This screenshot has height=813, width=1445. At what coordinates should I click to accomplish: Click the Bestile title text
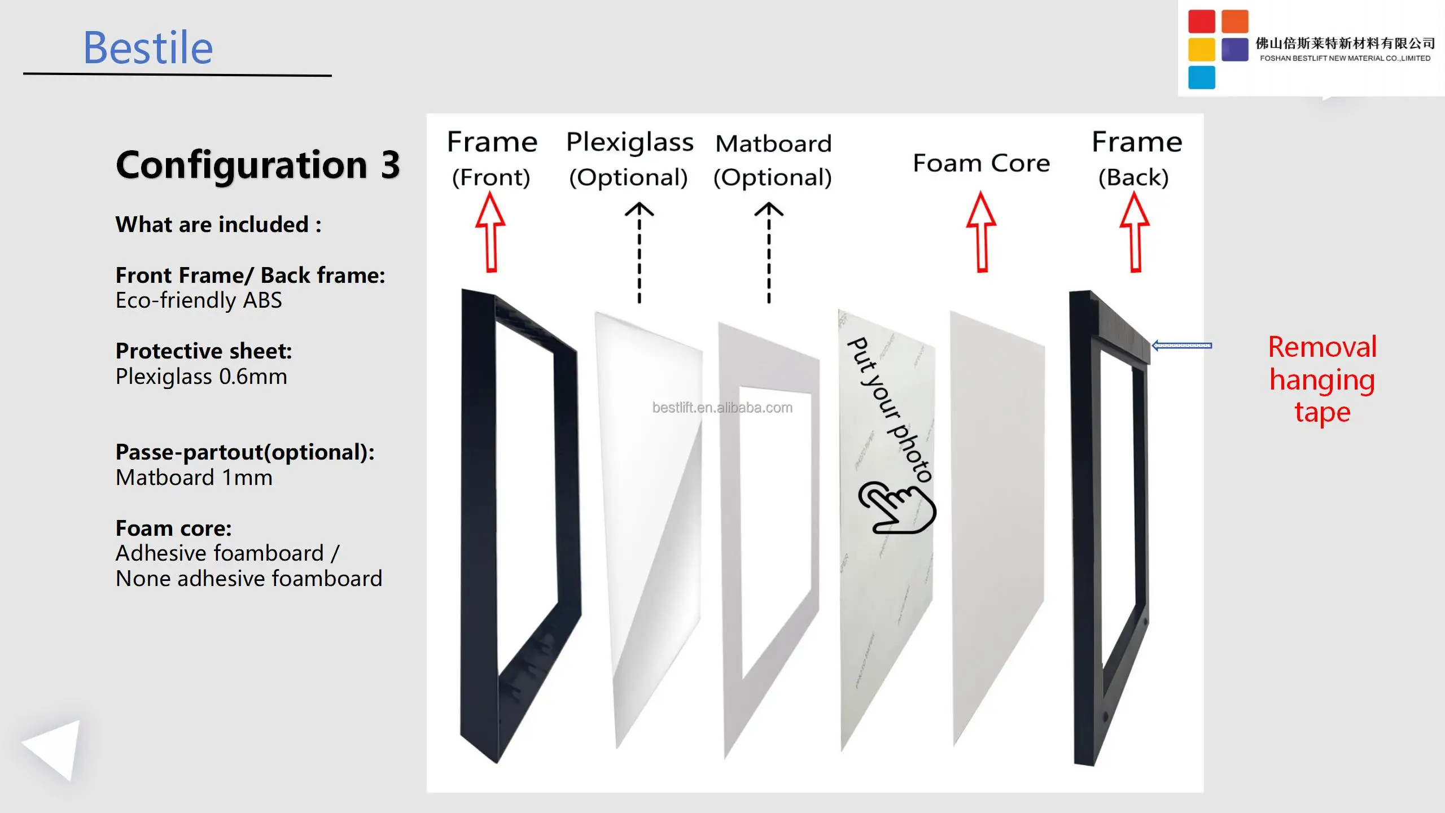coord(148,48)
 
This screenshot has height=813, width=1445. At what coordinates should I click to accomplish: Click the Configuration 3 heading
coord(258,165)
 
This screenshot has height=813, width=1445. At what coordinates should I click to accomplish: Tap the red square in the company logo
coord(1201,21)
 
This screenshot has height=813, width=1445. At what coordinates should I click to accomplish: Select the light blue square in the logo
coord(1201,77)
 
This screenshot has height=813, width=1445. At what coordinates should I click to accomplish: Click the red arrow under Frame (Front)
coord(491,232)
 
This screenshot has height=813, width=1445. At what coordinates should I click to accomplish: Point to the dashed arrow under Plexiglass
coord(639,252)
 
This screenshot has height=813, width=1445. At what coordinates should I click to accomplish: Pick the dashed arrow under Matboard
coord(769,252)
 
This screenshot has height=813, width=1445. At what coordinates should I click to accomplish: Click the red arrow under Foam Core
coord(982,232)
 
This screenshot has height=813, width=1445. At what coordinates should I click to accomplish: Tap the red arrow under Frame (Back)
coord(1135,232)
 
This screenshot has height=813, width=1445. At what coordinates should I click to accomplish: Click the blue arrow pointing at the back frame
coord(1181,346)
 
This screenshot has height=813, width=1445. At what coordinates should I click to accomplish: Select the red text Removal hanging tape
coord(1322,379)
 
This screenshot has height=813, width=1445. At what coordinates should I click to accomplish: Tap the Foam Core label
coord(981,163)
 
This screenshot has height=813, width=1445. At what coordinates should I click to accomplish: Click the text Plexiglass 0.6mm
coord(202,377)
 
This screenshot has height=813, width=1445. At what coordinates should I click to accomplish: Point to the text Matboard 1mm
coord(194,478)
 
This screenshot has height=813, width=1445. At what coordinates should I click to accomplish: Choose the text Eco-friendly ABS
coord(199,300)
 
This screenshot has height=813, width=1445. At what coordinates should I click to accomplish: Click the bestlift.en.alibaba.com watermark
coord(722,408)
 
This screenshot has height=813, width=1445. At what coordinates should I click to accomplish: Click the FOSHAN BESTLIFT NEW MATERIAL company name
coord(1345,58)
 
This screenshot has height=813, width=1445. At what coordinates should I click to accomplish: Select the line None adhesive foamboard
coord(249,579)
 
